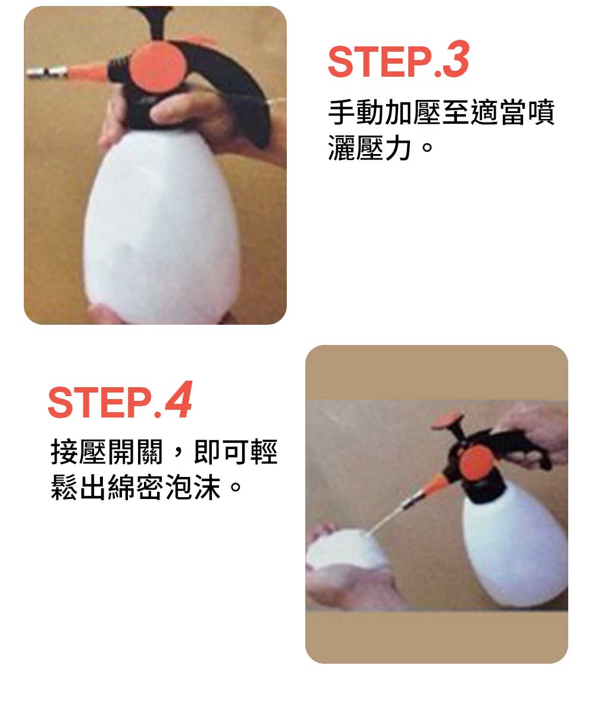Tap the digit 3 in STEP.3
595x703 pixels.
click(x=455, y=59)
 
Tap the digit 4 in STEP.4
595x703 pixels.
click(x=178, y=400)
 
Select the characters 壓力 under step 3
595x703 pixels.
click(x=384, y=148)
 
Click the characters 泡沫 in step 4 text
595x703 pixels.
click(x=193, y=487)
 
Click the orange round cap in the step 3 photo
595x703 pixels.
click(x=159, y=68)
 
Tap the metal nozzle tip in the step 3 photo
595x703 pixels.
click(x=46, y=72)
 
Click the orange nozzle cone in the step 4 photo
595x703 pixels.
click(x=434, y=484)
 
